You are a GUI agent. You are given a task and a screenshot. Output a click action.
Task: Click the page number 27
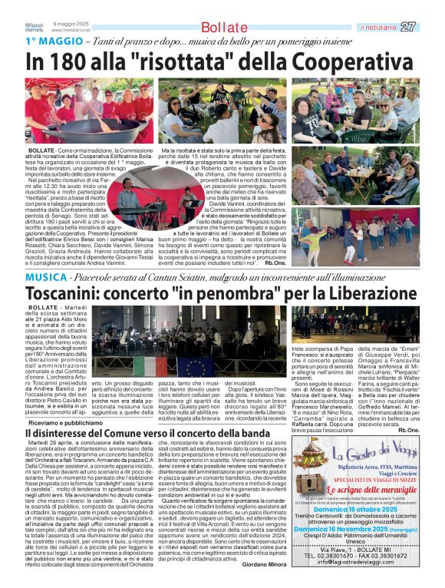point(430,27)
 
